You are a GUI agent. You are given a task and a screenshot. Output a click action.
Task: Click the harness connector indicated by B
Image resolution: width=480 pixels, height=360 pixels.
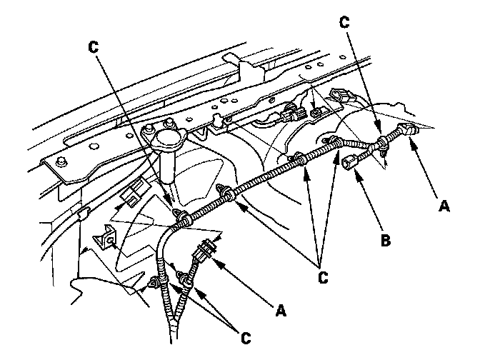point(349,161)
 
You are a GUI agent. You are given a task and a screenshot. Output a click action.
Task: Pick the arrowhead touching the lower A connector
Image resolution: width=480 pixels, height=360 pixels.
point(214,256)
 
